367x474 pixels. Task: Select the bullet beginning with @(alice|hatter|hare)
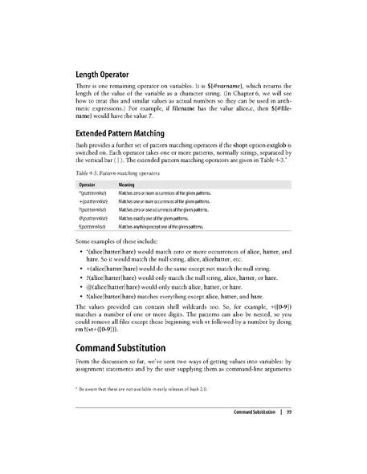pyautogui.click(x=170, y=308)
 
